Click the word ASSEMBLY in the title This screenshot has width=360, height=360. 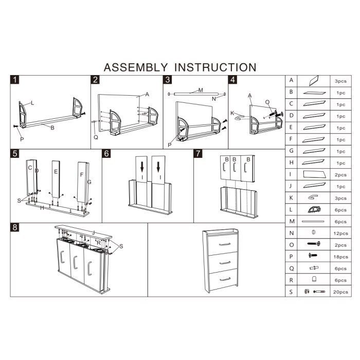[136, 67]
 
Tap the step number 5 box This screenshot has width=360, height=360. [15, 153]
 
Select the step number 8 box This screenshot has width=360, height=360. [15, 227]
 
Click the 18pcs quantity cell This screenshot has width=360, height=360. [340, 257]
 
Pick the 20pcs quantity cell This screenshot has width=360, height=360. [340, 292]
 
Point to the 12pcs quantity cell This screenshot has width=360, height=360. [340, 233]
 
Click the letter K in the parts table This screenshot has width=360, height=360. [291, 198]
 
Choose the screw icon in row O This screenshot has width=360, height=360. [314, 243]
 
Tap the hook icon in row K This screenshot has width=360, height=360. [313, 197]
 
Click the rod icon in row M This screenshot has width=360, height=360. [313, 222]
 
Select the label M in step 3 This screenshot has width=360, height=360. [201, 90]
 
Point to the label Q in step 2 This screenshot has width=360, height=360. [96, 137]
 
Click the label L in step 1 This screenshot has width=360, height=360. [32, 103]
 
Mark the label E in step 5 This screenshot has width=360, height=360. [56, 172]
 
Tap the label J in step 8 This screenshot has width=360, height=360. [94, 232]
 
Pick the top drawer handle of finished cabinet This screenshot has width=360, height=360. [225, 244]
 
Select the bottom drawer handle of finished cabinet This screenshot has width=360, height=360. [225, 279]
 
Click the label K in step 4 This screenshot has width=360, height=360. [232, 113]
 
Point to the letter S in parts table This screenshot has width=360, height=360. [291, 292]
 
